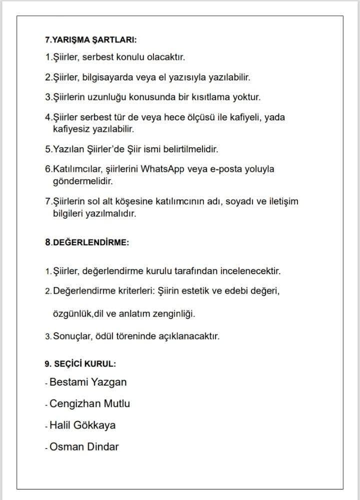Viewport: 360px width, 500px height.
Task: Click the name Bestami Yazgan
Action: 88,382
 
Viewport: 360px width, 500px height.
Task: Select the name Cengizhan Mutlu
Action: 90,404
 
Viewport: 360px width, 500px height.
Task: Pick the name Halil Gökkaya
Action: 82,426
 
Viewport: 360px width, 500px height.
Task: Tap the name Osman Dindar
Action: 84,447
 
